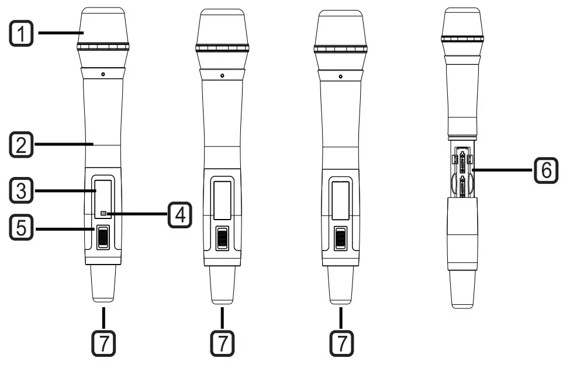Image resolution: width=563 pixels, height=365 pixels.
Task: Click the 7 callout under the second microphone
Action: [222, 343]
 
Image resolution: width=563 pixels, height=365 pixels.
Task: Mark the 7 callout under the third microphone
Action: [340, 343]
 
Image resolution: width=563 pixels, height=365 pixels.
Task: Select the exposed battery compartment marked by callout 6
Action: [462, 171]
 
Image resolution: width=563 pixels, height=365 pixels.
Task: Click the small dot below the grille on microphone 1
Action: [102, 74]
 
